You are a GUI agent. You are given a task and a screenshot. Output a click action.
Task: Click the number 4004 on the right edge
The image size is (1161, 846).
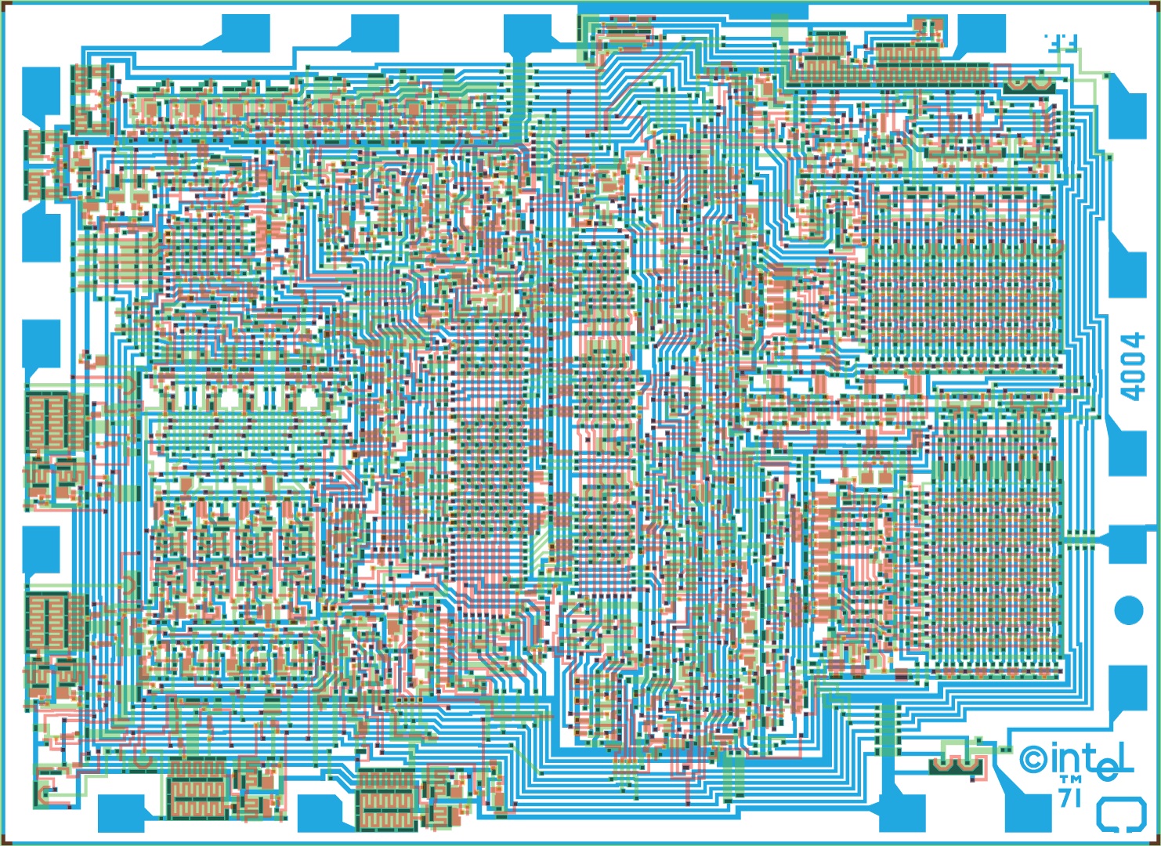click(1133, 367)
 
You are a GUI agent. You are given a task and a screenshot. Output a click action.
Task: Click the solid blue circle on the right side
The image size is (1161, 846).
click(1129, 609)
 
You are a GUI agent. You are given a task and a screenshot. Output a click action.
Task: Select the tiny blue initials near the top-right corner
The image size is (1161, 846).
click(1060, 42)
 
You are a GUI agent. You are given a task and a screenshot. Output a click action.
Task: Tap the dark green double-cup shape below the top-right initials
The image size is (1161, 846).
click(1029, 85)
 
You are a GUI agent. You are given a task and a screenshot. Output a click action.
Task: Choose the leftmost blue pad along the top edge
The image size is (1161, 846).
click(246, 32)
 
